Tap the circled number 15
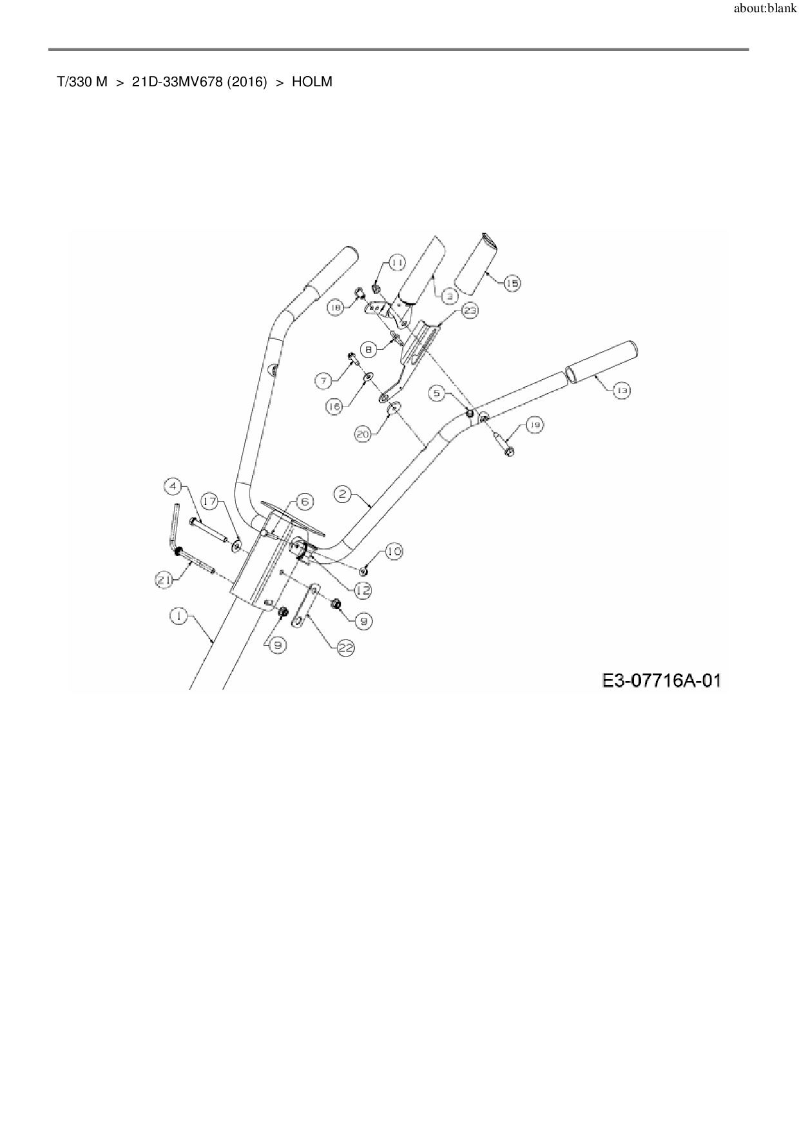click(x=512, y=283)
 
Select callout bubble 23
click(x=470, y=311)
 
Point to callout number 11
click(x=397, y=263)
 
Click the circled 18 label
click(x=335, y=309)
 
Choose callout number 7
click(x=323, y=381)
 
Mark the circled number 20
click(x=363, y=436)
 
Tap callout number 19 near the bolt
click(x=535, y=425)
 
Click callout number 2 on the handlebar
click(x=342, y=494)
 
